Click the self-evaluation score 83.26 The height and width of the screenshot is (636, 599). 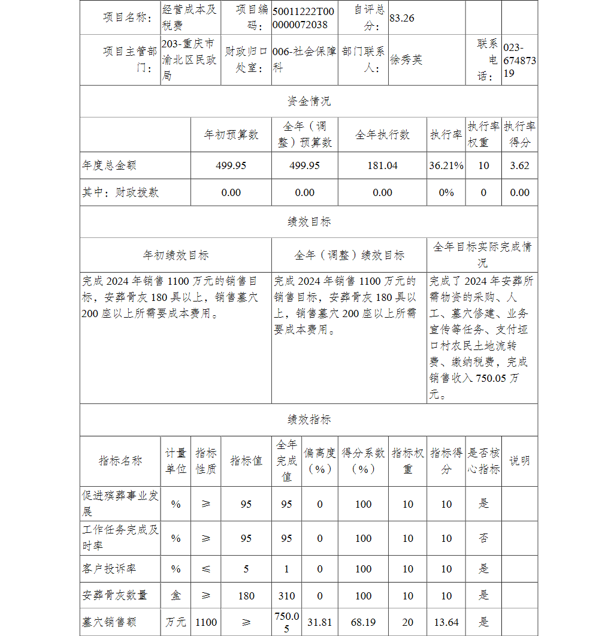point(402,18)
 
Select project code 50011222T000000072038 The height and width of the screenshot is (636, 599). point(304,18)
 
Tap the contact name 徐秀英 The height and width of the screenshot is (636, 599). point(406,60)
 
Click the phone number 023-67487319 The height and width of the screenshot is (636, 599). point(519,60)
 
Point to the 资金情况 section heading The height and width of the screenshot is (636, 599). point(308,101)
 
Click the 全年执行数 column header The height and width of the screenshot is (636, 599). point(382,135)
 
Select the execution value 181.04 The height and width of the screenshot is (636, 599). point(382,165)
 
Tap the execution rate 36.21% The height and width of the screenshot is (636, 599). point(446,165)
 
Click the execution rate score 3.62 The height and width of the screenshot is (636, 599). point(519,165)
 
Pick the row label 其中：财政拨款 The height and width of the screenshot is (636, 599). point(120,192)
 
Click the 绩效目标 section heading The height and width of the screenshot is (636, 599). point(308,222)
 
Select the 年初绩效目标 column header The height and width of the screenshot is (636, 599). point(176,255)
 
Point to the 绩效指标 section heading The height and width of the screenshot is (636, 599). point(308,420)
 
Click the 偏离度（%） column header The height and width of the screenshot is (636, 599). point(319,460)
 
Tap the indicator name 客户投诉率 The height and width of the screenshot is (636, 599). point(109,568)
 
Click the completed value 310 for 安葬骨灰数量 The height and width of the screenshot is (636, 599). point(286,596)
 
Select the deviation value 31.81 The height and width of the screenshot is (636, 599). point(319,622)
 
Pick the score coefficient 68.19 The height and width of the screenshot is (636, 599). point(363,622)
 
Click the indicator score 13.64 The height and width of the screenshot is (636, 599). point(446,622)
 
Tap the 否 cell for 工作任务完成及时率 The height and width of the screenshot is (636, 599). point(483,538)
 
